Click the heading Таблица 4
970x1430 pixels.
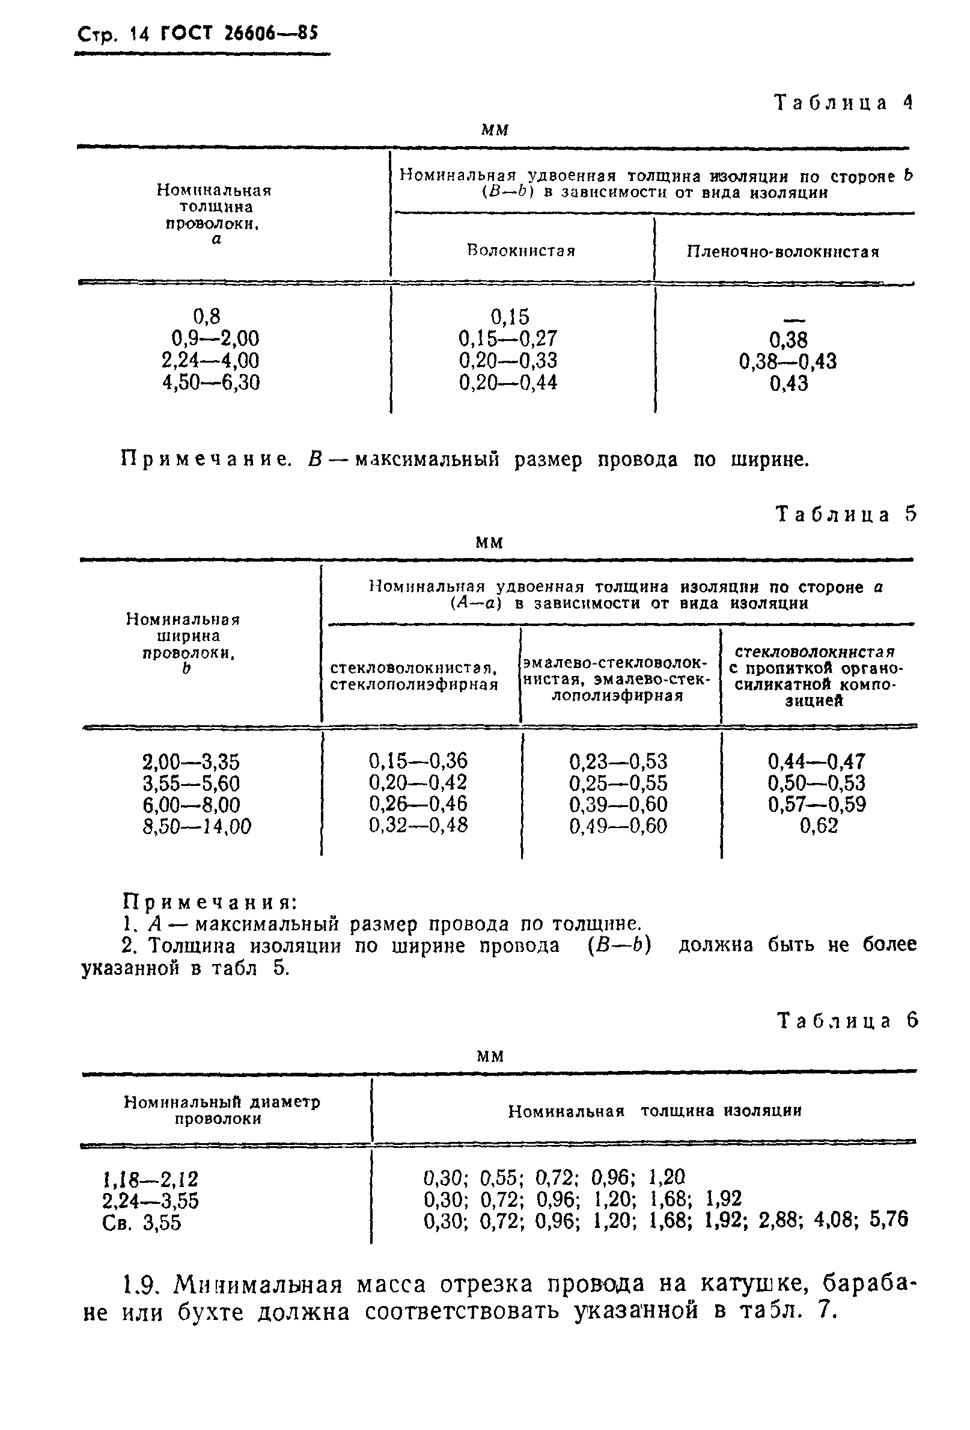pos(843,103)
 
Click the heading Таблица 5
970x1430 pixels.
pos(846,514)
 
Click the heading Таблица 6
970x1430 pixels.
pos(847,1021)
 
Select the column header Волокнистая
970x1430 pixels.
pos(521,251)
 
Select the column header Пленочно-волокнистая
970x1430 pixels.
pos(783,252)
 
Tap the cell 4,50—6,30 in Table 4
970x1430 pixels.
pos(211,382)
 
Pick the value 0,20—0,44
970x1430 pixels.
pos(508,382)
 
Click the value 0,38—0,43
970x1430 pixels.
pos(788,361)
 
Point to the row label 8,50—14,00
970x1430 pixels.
pos(197,826)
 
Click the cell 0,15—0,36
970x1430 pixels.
pos(418,761)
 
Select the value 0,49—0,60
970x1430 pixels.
pos(618,826)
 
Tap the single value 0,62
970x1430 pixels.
pos(819,826)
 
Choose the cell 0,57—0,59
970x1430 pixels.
pos(817,804)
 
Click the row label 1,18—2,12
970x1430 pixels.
pos(151,1179)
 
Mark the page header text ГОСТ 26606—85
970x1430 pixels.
pos(239,34)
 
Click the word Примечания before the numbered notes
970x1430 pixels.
pos(210,902)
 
